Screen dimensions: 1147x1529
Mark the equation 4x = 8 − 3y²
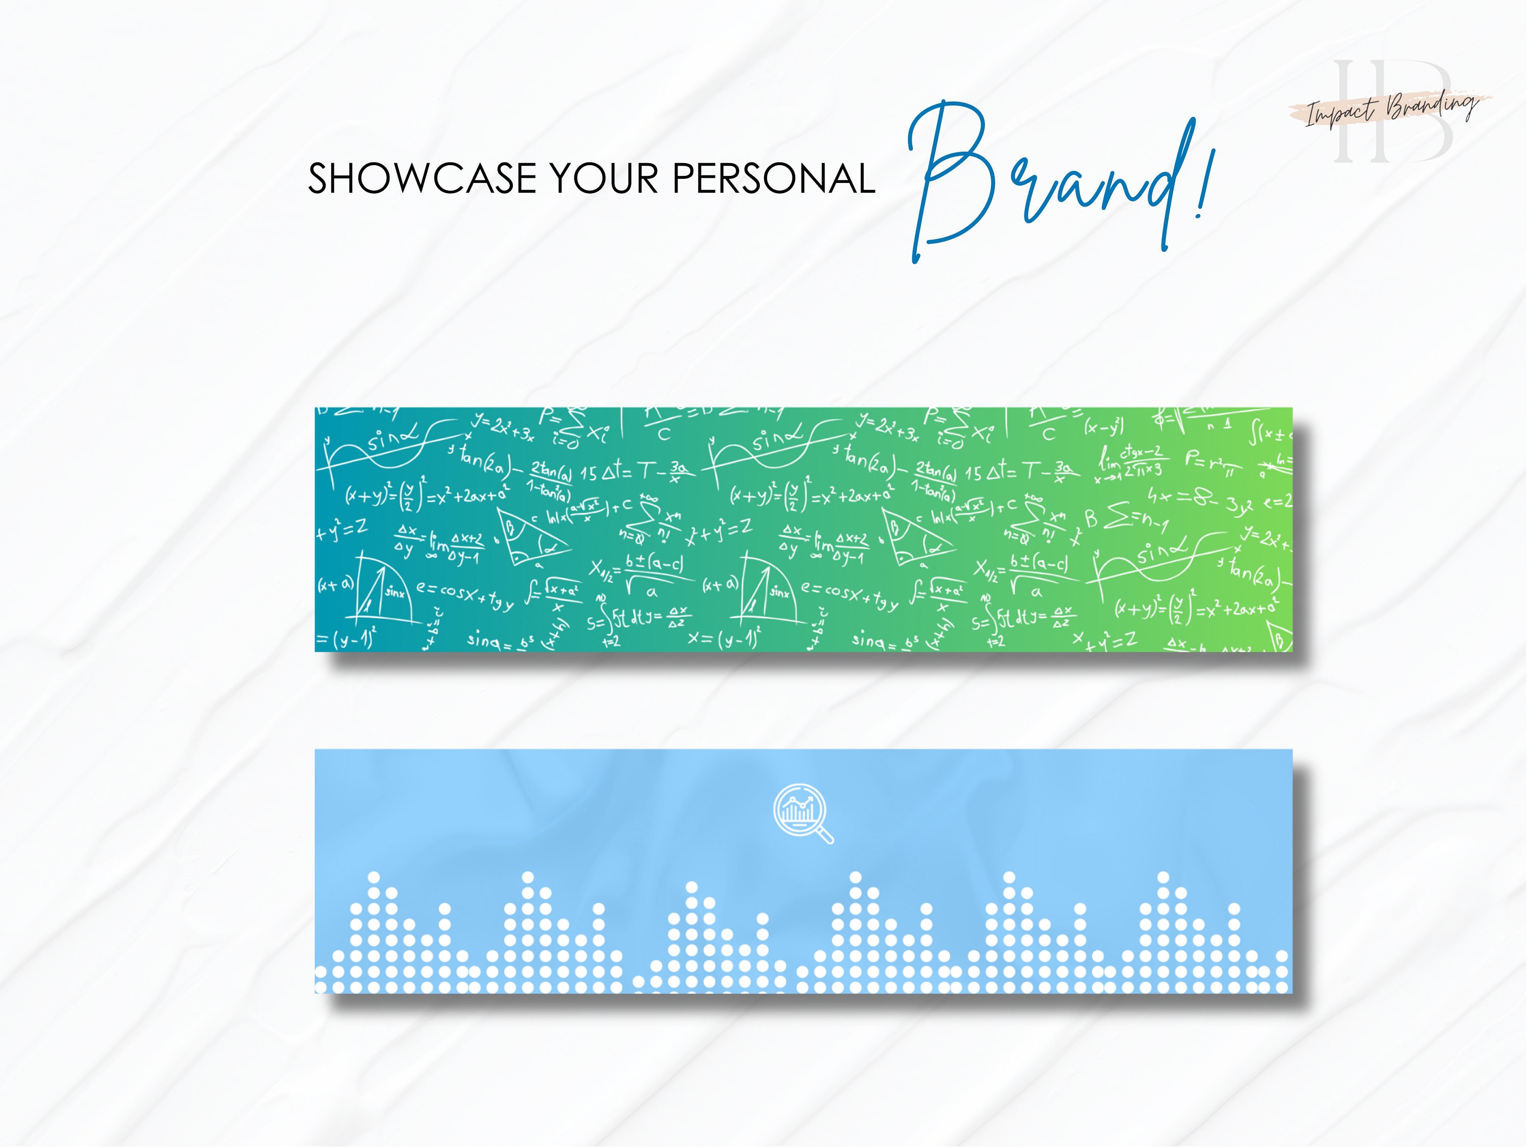click(1199, 500)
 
